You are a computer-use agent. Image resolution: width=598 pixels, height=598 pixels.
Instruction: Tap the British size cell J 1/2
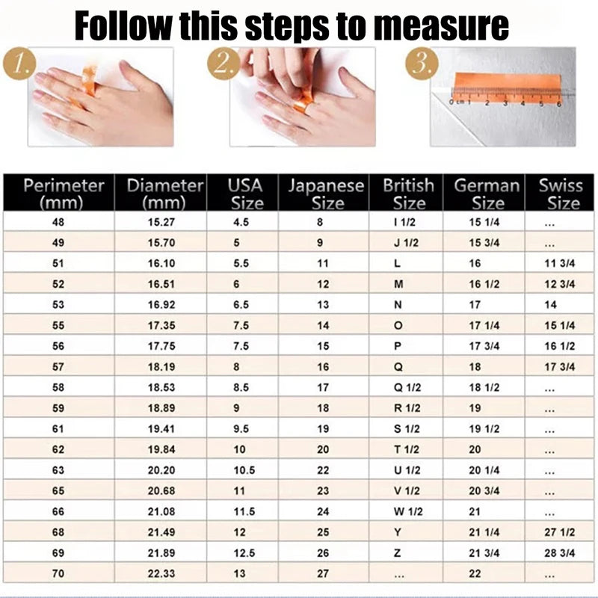click(407, 243)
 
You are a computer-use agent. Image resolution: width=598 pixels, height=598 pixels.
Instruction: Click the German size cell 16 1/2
click(484, 284)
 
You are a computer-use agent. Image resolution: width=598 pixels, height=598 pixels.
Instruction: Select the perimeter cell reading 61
click(58, 429)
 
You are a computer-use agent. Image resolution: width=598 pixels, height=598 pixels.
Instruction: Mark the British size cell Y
click(398, 533)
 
